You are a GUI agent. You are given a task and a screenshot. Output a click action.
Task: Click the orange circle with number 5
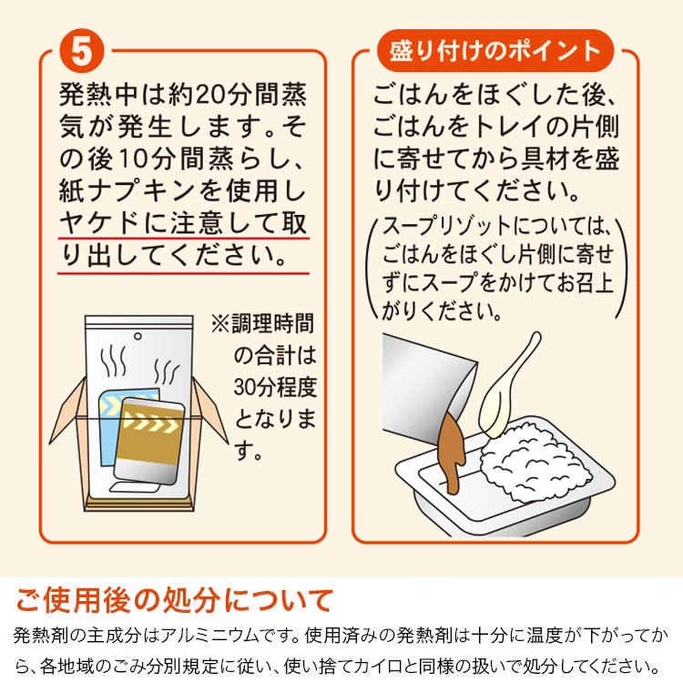81,51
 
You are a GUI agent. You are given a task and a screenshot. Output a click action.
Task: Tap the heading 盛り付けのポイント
494,51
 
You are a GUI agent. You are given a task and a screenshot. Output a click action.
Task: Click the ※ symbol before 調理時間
220,323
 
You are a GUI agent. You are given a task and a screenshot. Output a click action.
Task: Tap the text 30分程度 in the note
275,387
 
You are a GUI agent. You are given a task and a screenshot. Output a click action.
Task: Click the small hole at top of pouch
138,336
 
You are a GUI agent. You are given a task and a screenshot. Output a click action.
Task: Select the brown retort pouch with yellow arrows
150,441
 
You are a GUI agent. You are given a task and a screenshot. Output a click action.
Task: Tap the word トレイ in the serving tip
508,127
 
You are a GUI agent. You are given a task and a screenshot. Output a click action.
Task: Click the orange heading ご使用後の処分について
174,600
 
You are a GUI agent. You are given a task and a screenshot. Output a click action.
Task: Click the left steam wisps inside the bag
113,361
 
